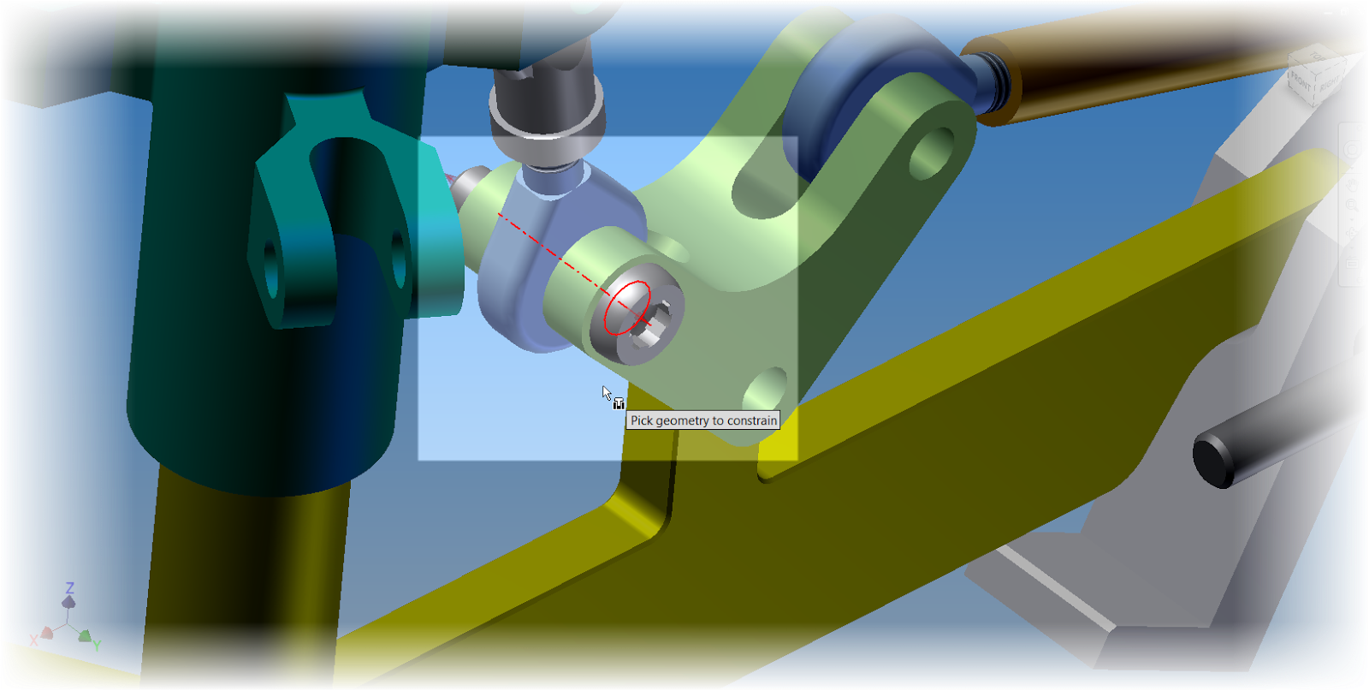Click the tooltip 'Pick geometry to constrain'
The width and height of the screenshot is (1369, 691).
point(703,420)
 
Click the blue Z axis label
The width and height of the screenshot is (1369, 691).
point(69,587)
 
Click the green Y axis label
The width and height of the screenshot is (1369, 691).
point(97,646)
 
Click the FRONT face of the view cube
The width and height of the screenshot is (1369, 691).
point(1301,83)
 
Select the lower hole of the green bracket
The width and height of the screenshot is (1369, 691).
point(766,390)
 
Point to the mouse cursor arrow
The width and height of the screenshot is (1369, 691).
point(606,392)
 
